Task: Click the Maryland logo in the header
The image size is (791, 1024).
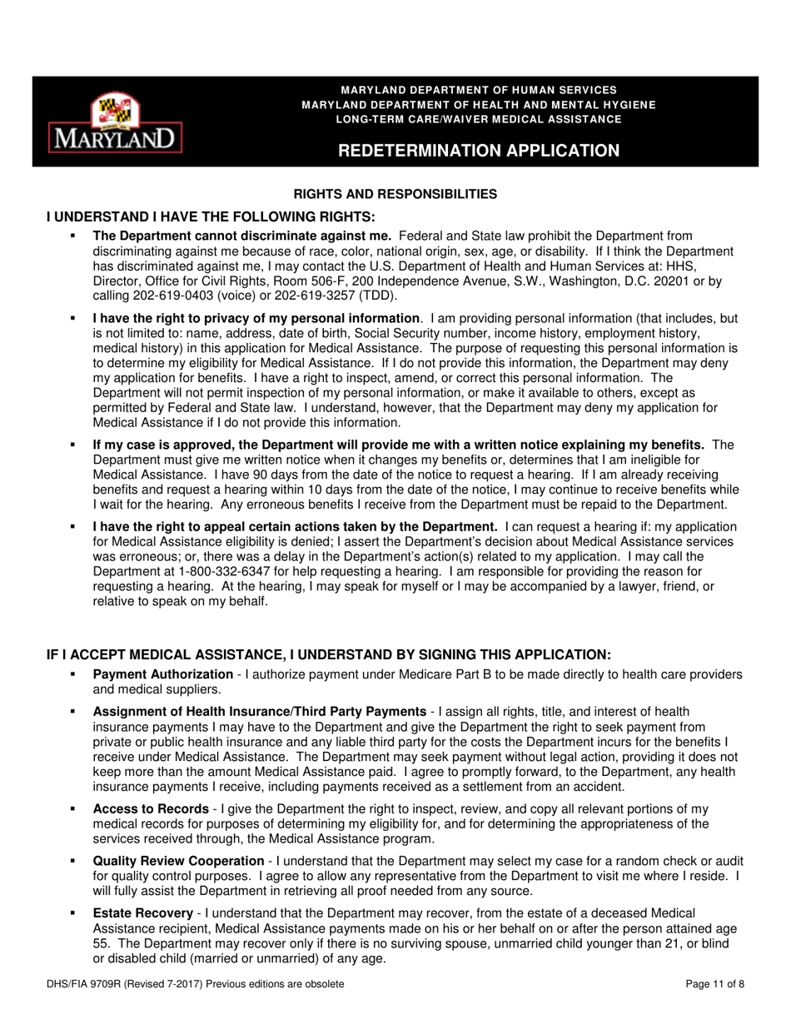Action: click(115, 122)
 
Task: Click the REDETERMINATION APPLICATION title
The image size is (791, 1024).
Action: click(478, 151)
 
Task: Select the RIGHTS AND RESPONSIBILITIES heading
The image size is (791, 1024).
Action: click(395, 195)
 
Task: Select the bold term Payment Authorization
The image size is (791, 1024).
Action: click(162, 674)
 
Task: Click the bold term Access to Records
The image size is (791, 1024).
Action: click(151, 809)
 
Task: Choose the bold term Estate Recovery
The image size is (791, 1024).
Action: click(142, 914)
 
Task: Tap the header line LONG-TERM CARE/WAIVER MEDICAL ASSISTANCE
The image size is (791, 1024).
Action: click(478, 119)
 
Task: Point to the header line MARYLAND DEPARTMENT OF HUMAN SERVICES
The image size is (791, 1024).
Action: click(478, 89)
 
